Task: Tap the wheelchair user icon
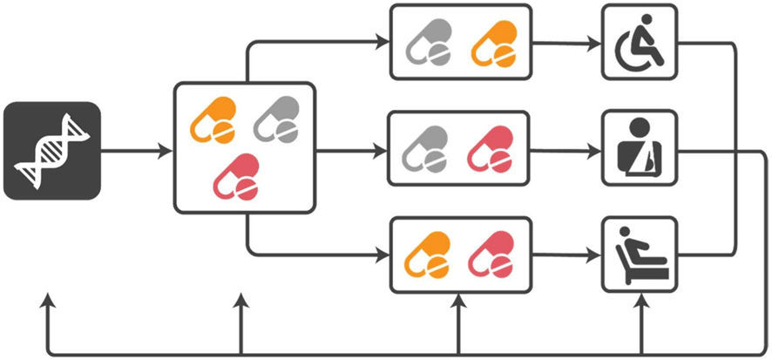click(x=640, y=43)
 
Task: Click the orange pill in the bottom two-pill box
click(x=430, y=254)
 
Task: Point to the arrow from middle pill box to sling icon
click(x=566, y=149)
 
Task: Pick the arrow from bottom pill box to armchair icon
click(x=566, y=255)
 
